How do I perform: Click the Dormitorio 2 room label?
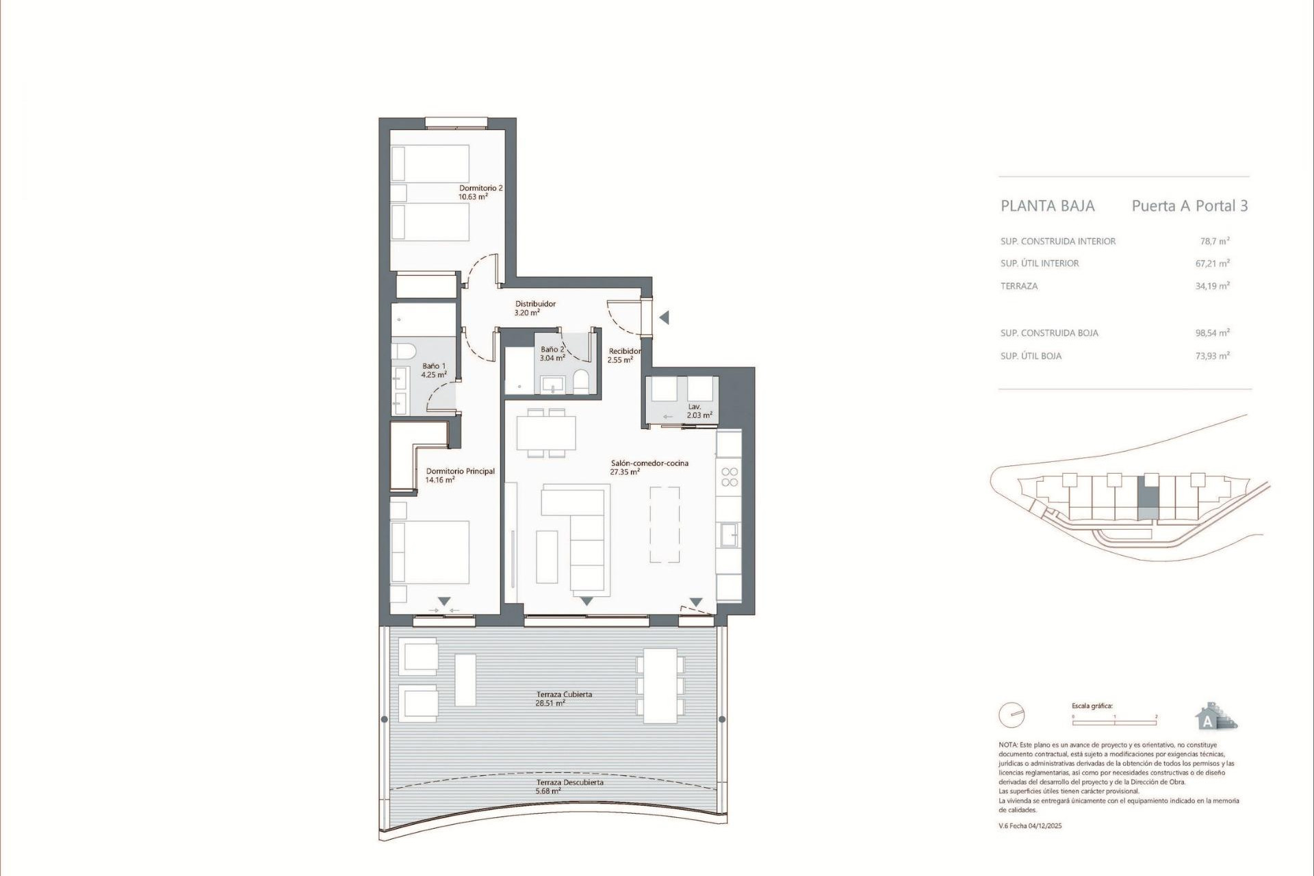pos(480,192)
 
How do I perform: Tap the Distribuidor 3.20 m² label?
pos(534,308)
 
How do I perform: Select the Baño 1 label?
pos(434,370)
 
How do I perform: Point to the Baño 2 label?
pos(552,353)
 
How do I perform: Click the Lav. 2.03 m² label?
pos(699,411)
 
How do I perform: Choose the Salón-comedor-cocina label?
pos(649,467)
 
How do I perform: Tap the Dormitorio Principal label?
pos(460,475)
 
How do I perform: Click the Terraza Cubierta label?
pos(564,698)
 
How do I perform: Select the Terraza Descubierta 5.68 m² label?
pos(569,786)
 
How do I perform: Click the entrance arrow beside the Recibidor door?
pos(663,318)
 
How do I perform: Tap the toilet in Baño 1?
pos(404,352)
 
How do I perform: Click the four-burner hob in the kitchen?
pos(730,477)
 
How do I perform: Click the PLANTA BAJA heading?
pos(1047,206)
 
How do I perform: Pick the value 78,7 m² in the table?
pos(1214,241)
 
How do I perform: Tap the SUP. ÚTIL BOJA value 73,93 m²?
pos(1212,356)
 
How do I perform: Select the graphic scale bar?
pos(1114,722)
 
